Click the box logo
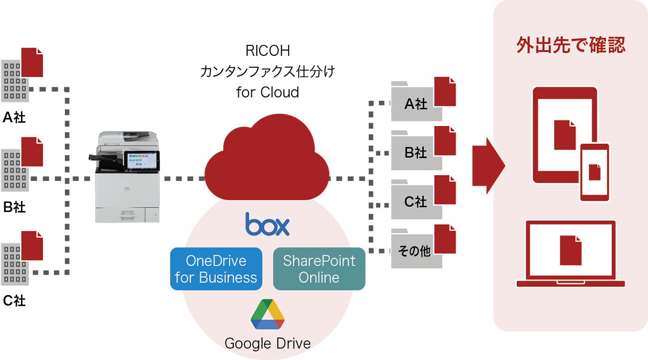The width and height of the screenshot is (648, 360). (x=267, y=224)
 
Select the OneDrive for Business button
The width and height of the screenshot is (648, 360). (x=216, y=269)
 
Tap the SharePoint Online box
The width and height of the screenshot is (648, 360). (x=319, y=269)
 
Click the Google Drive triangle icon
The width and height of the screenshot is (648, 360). (x=268, y=314)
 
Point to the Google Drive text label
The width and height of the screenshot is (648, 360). (x=268, y=344)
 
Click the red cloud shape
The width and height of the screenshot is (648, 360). (x=267, y=155)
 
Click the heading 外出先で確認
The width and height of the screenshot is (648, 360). (x=570, y=45)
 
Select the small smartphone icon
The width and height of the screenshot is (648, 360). (x=595, y=172)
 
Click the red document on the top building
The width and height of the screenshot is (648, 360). (x=31, y=62)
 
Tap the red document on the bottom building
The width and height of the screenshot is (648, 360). (x=31, y=245)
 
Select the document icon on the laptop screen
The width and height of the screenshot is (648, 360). (x=570, y=250)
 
